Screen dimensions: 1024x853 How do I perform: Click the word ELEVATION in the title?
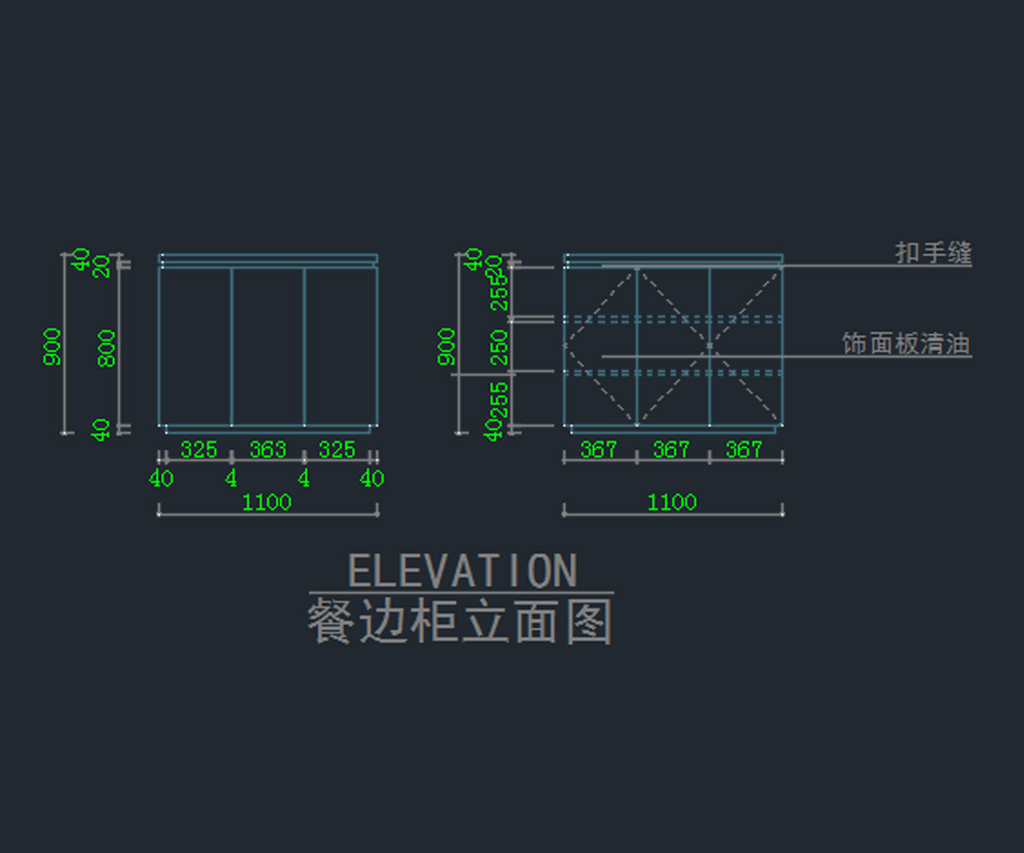click(x=463, y=571)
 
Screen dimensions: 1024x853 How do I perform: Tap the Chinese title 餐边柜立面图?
click(x=460, y=623)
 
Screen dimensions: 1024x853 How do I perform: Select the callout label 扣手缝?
click(x=933, y=252)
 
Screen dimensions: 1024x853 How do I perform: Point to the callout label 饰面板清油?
click(x=906, y=344)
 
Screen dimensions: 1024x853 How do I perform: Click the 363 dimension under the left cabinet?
click(x=267, y=450)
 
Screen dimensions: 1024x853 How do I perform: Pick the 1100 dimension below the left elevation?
click(x=267, y=502)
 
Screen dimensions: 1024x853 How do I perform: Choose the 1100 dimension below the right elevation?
click(x=672, y=502)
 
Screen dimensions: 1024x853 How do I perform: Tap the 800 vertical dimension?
click(x=107, y=348)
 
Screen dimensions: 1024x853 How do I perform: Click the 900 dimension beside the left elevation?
click(x=52, y=346)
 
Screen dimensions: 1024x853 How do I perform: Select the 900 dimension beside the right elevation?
click(x=447, y=346)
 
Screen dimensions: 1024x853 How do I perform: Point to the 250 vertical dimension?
click(x=499, y=347)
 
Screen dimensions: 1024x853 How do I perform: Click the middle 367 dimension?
click(x=672, y=450)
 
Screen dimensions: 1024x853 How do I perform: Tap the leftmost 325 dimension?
click(x=199, y=450)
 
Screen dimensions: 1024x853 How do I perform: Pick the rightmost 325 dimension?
click(x=336, y=450)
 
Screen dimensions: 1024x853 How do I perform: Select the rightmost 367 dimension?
click(x=744, y=450)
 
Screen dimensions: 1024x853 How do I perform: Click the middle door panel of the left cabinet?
click(x=267, y=345)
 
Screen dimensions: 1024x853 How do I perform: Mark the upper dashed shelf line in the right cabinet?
click(x=672, y=319)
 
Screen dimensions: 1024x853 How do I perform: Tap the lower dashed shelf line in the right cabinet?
click(x=672, y=373)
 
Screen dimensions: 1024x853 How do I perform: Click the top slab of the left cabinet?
click(x=267, y=258)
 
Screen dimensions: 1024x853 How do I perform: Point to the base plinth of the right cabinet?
click(x=672, y=429)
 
